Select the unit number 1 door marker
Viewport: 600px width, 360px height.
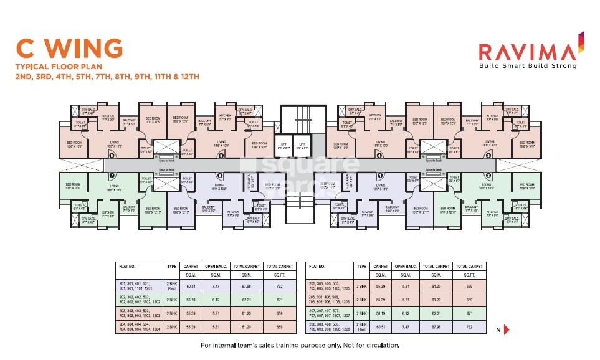379,176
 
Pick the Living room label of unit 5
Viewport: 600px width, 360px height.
221,143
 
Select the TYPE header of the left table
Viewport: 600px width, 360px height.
172,267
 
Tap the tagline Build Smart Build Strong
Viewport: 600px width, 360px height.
526,65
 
